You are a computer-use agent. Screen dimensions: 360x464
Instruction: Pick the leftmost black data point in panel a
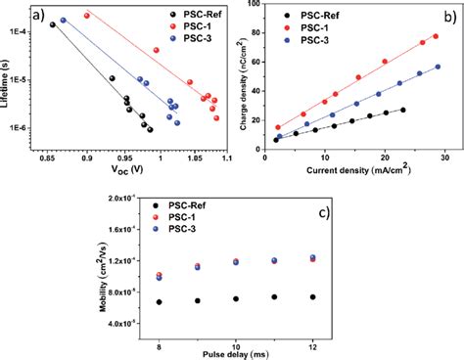[53, 24]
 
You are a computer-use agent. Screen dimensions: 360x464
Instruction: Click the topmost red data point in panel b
[436, 36]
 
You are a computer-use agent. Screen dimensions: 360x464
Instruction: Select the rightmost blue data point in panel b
[438, 67]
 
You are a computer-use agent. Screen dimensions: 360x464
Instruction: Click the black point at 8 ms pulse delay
[159, 302]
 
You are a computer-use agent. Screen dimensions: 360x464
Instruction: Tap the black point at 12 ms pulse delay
[312, 296]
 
